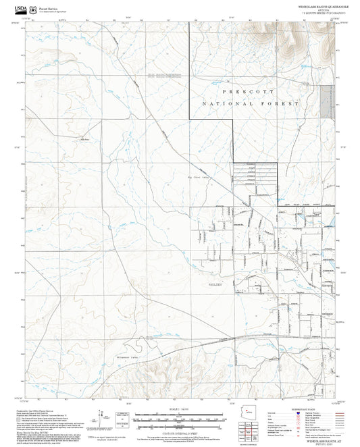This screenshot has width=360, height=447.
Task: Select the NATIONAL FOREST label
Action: pos(250,105)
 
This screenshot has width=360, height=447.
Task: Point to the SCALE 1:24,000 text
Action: pos(179,409)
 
